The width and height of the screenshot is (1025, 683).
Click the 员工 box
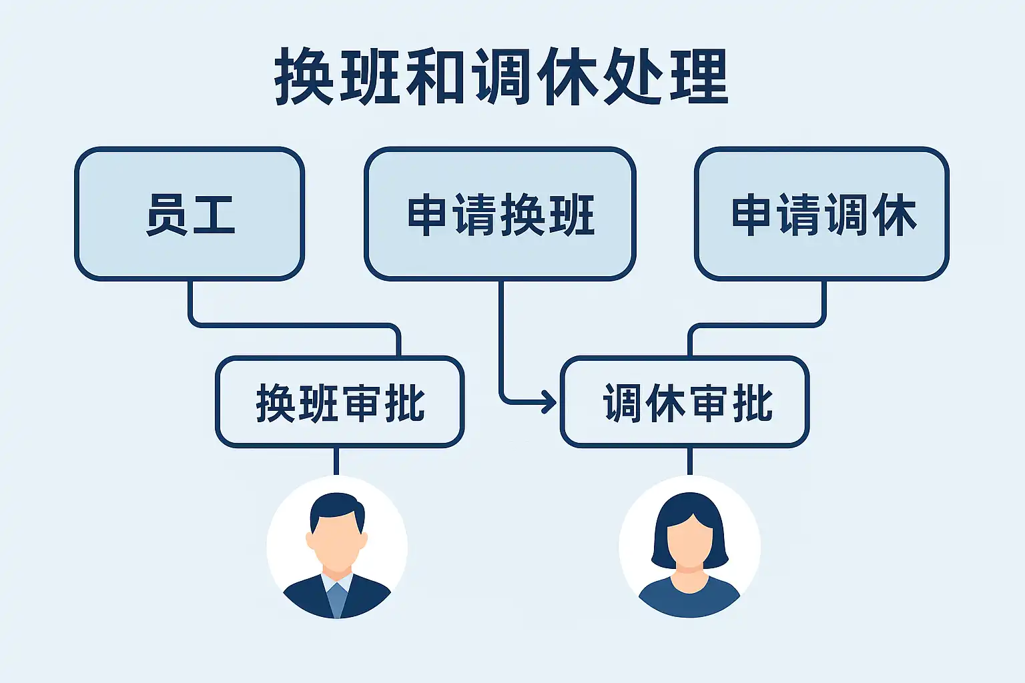[190, 213]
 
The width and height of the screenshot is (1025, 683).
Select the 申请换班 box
[500, 213]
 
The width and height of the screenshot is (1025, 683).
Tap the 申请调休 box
[821, 213]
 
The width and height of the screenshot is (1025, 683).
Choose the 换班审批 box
[340, 402]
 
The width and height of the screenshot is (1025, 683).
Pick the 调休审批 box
[685, 402]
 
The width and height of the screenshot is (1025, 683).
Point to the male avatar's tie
[337, 597]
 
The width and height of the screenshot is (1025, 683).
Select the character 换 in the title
[304, 77]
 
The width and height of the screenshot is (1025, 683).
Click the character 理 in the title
[699, 77]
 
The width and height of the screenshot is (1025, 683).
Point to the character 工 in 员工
[213, 215]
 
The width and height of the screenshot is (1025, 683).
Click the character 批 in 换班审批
[404, 403]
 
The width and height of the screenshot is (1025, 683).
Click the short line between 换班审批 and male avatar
[336, 461]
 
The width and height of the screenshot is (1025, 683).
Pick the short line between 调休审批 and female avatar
[689, 461]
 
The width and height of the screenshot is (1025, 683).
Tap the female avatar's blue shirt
[689, 600]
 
